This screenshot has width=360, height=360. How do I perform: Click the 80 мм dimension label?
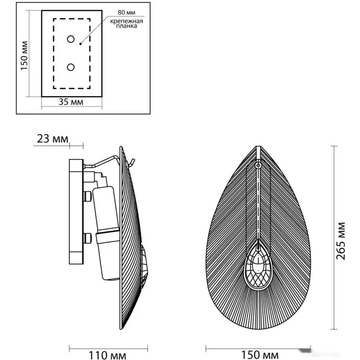127,12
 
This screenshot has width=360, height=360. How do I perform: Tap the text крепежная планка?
127,24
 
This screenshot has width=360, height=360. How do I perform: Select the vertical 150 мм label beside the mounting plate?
24,56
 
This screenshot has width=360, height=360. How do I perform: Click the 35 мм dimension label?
71,102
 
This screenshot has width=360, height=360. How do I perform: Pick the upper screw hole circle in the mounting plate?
71,39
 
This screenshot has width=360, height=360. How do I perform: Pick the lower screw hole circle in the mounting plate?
71,67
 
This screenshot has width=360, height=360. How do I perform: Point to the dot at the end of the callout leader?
80,44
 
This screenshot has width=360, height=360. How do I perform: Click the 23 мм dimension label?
52,139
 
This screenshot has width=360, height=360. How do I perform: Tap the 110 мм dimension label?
107,355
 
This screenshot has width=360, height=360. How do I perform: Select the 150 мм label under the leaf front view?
260,355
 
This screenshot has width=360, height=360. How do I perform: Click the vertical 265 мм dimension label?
341,241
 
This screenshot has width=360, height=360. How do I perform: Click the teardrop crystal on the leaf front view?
258,266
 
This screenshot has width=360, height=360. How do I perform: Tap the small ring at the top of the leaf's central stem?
258,165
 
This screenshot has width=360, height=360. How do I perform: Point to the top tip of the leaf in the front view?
258,146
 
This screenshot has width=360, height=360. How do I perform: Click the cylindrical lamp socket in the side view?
106,233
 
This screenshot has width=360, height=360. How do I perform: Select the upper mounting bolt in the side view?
87,196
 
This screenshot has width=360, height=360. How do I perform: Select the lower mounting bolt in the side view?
87,238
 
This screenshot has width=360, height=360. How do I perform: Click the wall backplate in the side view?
76,211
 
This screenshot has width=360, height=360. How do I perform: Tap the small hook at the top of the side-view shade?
132,162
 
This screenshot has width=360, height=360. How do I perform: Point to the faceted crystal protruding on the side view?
145,267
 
